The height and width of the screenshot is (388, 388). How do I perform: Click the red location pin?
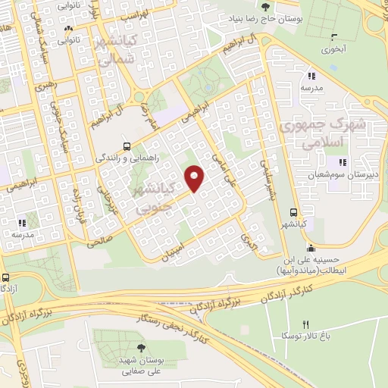(195, 178)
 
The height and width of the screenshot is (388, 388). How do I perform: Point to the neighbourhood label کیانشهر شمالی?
(118, 49)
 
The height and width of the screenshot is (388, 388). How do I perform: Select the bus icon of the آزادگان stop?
(6, 277)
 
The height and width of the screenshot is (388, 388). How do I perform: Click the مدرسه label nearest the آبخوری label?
(313, 88)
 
